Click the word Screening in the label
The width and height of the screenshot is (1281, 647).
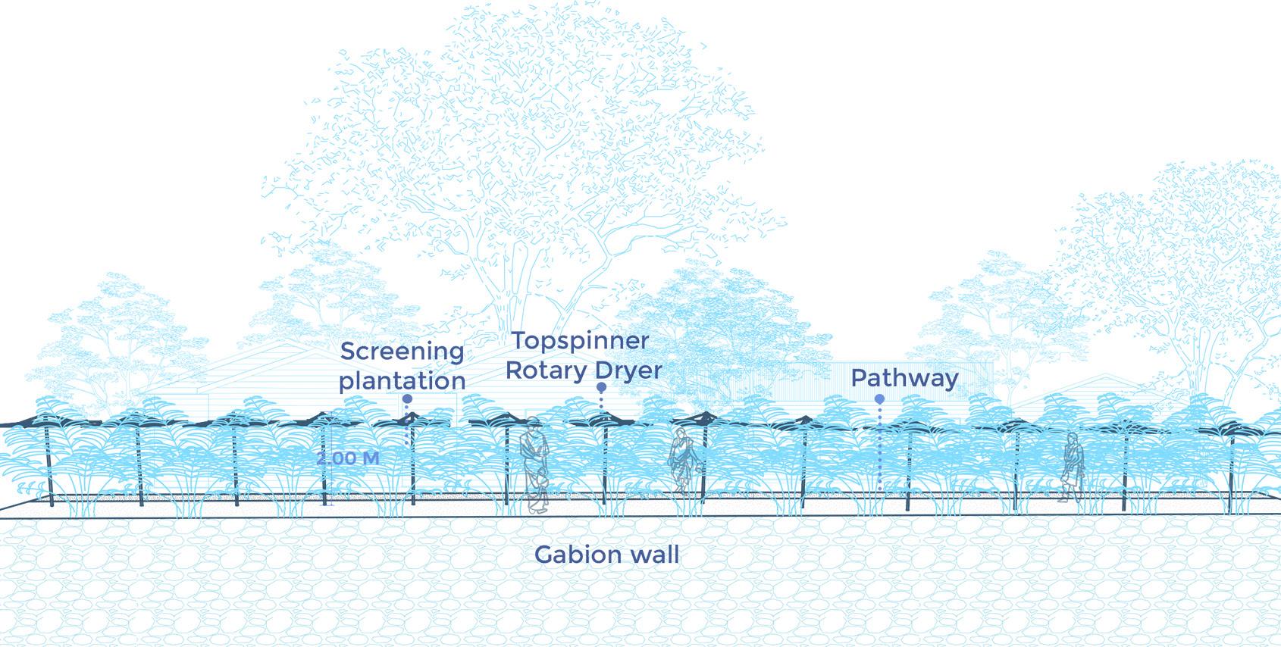pyautogui.click(x=402, y=352)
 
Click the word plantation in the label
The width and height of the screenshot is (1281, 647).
pyautogui.click(x=402, y=380)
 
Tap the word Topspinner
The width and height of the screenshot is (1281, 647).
pyautogui.click(x=580, y=341)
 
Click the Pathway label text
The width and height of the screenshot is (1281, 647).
pyautogui.click(x=904, y=378)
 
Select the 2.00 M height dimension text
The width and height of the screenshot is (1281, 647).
pyautogui.click(x=348, y=458)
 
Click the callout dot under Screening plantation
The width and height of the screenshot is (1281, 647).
pyautogui.click(x=407, y=399)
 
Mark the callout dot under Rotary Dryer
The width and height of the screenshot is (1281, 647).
pyautogui.click(x=601, y=387)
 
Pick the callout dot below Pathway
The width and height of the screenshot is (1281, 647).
pyautogui.click(x=879, y=399)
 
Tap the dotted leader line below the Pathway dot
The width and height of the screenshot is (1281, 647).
pyautogui.click(x=879, y=447)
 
